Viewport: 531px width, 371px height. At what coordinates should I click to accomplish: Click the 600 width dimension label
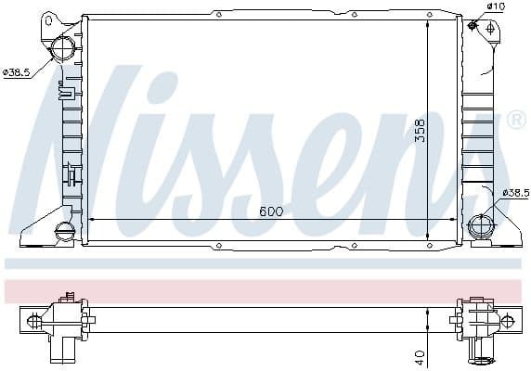pos(271,211)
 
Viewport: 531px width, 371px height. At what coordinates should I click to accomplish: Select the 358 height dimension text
pos(419,131)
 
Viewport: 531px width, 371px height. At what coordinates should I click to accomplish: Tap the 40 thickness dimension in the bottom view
pos(421,356)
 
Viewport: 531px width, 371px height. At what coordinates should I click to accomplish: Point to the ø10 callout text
pos(497,7)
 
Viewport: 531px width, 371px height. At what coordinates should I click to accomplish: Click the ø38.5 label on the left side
pos(18,72)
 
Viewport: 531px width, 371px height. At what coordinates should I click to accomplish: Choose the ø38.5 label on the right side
pos(514,192)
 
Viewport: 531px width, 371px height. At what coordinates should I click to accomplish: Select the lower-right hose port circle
pos(481,225)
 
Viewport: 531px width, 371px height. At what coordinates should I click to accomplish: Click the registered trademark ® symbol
pos(515,121)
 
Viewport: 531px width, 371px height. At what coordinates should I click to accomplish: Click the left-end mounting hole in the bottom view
pos(34,321)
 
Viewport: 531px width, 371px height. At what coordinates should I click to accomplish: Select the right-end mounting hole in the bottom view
pos(509,321)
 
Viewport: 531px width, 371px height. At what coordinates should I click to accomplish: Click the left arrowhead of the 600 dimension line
pos(90,220)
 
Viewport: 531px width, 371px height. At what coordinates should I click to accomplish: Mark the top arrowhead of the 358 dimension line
pos(427,20)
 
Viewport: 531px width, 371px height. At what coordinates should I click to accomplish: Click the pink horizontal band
pos(265,289)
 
